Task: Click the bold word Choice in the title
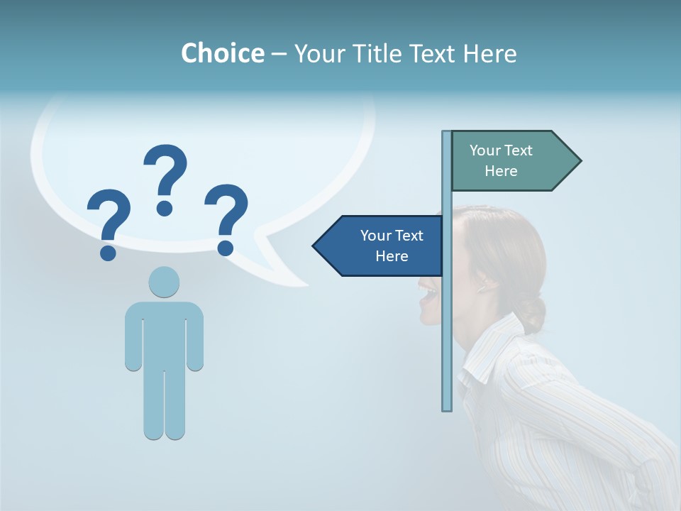pyautogui.click(x=222, y=53)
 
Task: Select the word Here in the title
pyautogui.click(x=489, y=53)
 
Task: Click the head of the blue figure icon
pyautogui.click(x=164, y=282)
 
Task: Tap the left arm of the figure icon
pyautogui.click(x=133, y=337)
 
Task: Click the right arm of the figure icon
pyautogui.click(x=195, y=337)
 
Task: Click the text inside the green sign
pyautogui.click(x=501, y=160)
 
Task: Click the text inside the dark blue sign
pyautogui.click(x=392, y=246)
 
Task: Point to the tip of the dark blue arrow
pyautogui.click(x=315, y=246)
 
